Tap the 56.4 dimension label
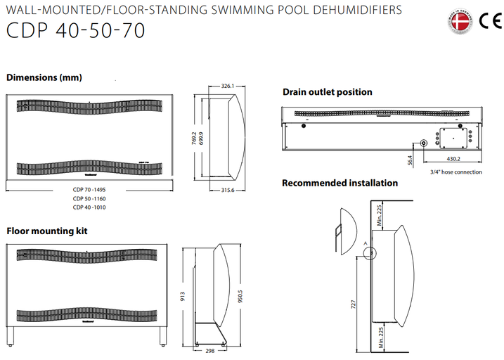tap(410, 160)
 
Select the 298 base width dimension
tap(210, 349)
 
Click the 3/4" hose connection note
tap(455, 172)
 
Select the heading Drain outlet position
tap(327, 92)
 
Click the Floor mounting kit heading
tap(46, 230)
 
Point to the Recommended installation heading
tap(340, 184)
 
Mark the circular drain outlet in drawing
tap(425, 143)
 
